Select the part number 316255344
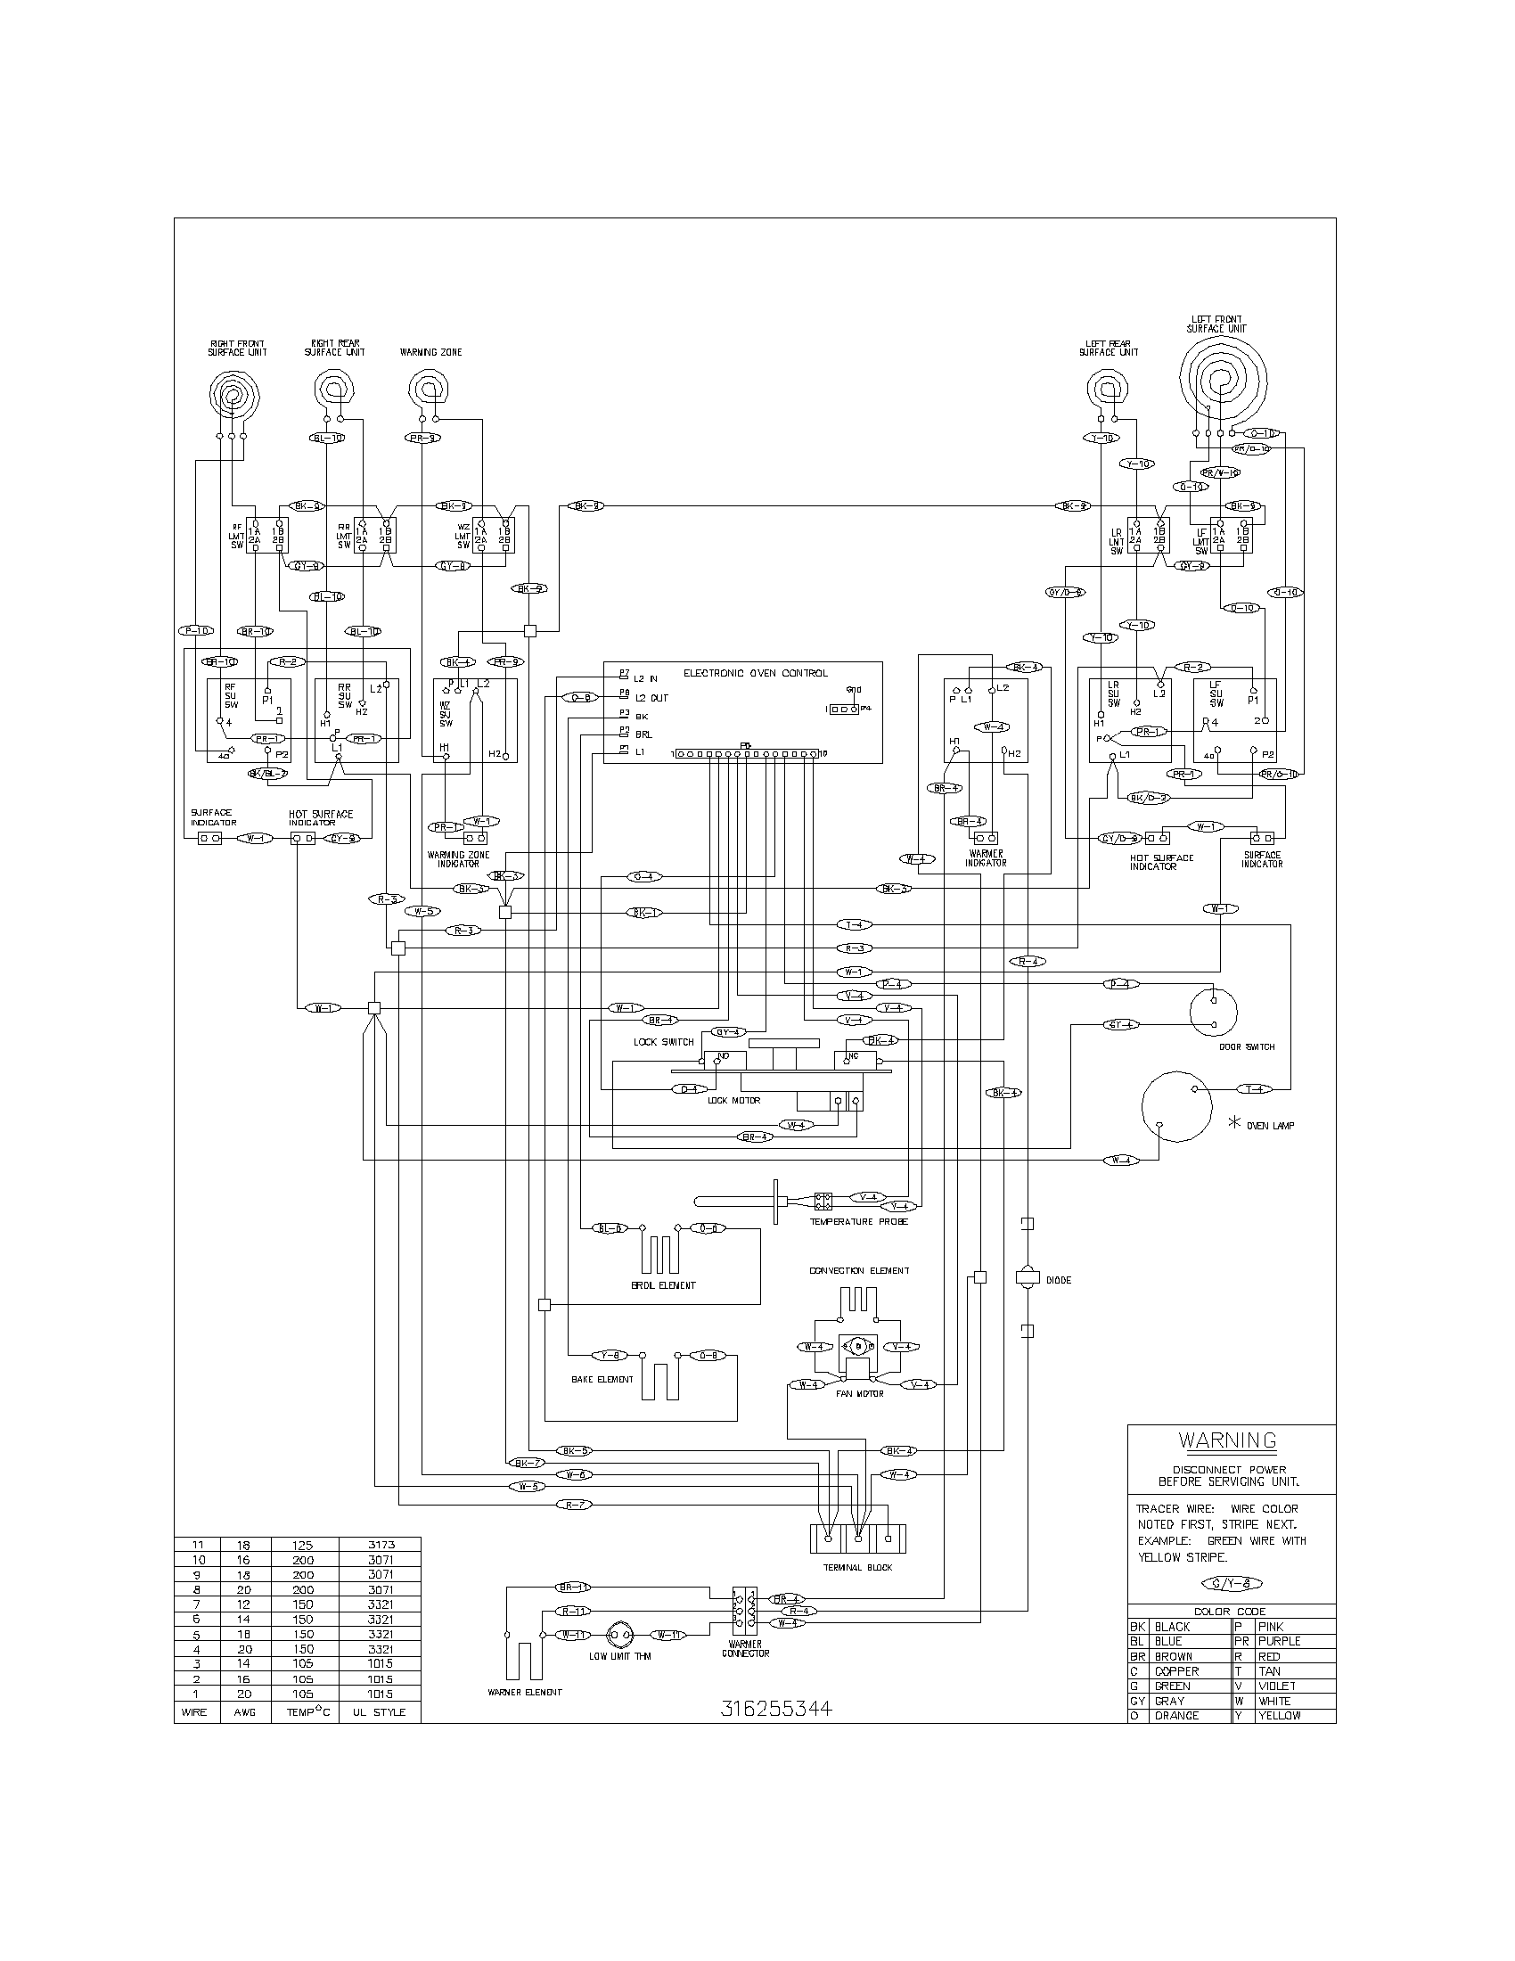[776, 1708]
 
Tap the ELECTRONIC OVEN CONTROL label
[756, 672]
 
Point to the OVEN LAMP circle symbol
[1175, 1106]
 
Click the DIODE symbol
[1027, 1278]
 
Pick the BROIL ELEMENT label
[663, 1284]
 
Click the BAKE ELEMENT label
[602, 1379]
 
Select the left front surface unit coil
[1221, 381]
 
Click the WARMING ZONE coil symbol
[424, 389]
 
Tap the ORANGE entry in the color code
[1176, 1715]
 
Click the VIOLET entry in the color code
[1278, 1686]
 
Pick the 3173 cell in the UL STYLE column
[381, 1545]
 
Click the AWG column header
[243, 1711]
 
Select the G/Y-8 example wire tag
[1230, 1583]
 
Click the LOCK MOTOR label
[733, 1100]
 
